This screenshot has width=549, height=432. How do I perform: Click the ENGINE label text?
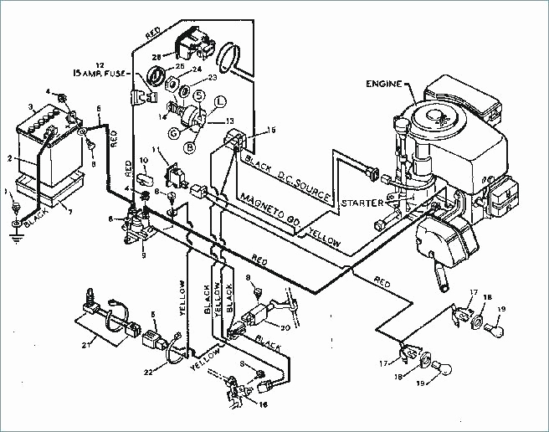(383, 84)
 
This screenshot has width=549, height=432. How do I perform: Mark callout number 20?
(285, 327)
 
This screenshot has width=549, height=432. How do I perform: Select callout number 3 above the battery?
(32, 106)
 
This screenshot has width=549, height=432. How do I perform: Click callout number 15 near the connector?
(270, 131)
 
